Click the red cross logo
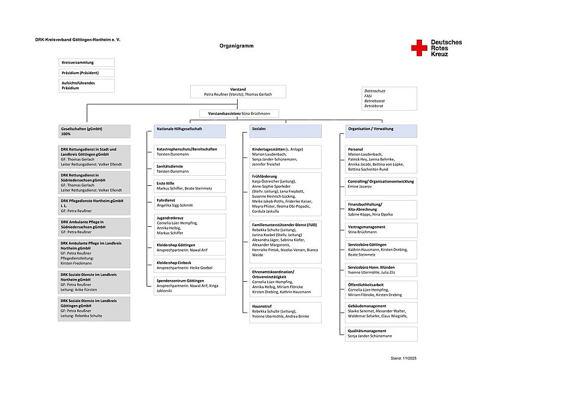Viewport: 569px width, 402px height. pos(419,48)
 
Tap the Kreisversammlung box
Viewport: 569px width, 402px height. pos(87,62)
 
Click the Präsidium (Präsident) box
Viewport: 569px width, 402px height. pos(87,73)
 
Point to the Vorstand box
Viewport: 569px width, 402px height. pos(238,91)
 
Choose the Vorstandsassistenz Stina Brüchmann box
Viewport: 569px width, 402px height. pos(239,113)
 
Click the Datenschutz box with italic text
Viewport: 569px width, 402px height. pos(389,98)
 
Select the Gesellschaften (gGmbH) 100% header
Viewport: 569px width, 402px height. pos(94,131)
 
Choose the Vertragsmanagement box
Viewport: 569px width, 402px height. pos(381,230)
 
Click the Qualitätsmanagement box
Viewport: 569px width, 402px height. pos(381,333)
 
